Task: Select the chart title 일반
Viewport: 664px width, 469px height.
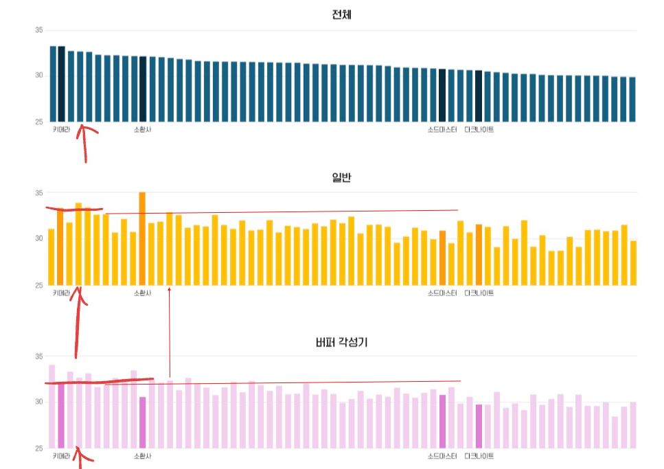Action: (x=341, y=177)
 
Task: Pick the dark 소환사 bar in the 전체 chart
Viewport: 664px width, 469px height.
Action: (x=143, y=89)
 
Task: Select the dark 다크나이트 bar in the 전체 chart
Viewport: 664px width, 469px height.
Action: (x=479, y=96)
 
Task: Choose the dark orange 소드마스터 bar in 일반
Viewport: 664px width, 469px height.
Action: (x=442, y=258)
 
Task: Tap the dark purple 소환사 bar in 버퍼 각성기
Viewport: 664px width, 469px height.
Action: (x=142, y=422)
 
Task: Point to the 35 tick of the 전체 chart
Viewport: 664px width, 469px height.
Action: (x=38, y=30)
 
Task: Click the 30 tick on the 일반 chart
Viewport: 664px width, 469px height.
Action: (x=38, y=238)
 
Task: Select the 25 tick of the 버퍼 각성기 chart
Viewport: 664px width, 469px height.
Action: (x=38, y=448)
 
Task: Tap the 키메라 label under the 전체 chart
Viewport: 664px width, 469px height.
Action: (x=62, y=129)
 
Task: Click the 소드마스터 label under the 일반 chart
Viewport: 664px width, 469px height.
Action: (x=442, y=293)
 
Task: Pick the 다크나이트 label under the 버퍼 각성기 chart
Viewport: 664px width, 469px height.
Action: (x=479, y=456)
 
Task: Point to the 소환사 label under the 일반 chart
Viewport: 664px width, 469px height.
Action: (x=142, y=293)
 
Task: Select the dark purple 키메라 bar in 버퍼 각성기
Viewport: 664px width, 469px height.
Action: (x=61, y=415)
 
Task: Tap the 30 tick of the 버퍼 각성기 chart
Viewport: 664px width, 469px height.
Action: (x=38, y=402)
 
